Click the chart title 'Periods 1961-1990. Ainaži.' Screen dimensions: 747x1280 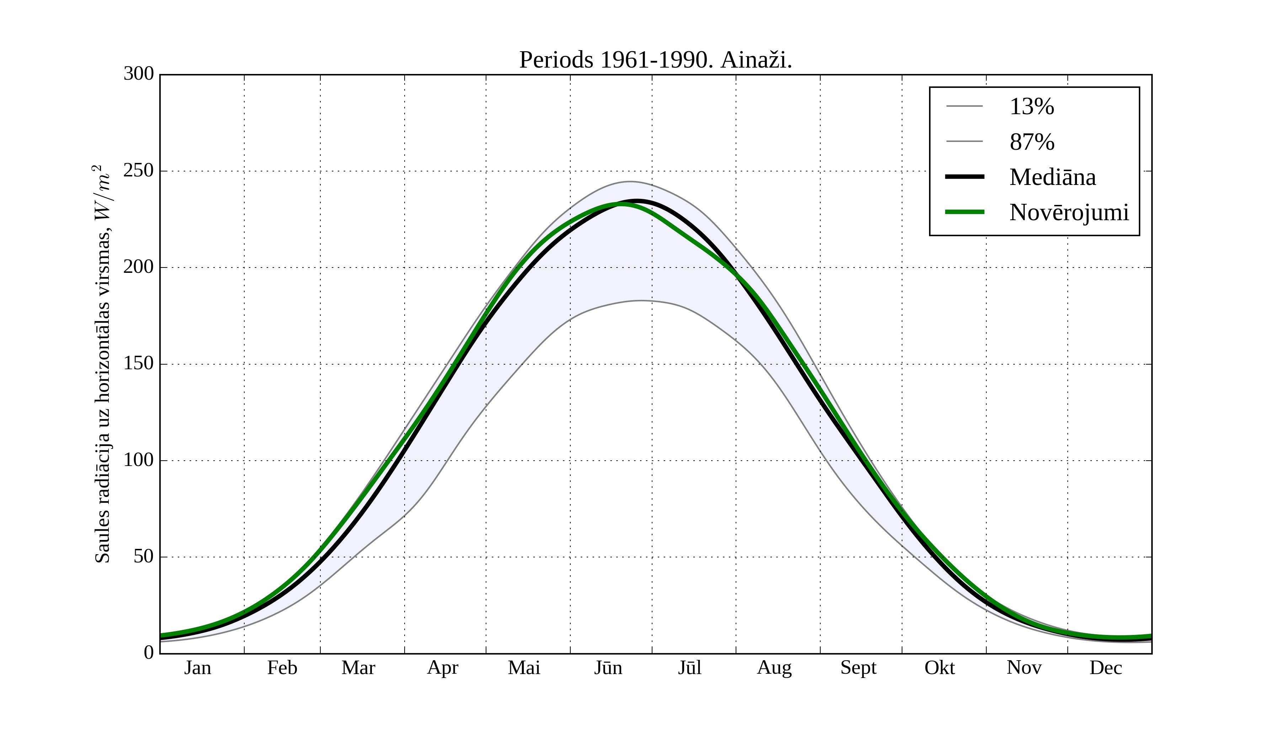tap(655, 60)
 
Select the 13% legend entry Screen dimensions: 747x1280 tap(1031, 107)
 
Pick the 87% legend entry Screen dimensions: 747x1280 tap(1031, 142)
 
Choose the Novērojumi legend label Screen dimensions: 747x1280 tap(1069, 212)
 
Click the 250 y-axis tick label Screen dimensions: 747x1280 tap(139, 171)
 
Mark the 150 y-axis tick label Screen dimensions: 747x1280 tap(139, 364)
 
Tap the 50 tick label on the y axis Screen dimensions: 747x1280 tap(143, 557)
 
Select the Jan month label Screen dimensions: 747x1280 tap(198, 668)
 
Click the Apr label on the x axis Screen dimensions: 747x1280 tap(442, 668)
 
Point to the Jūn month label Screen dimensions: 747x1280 tap(608, 668)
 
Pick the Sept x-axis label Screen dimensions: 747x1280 tap(858, 668)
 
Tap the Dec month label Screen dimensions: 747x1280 tap(1105, 668)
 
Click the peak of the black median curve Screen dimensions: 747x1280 tap(637, 201)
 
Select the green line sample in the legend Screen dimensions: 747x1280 tap(964, 212)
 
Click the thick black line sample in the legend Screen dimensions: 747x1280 tap(964, 177)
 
